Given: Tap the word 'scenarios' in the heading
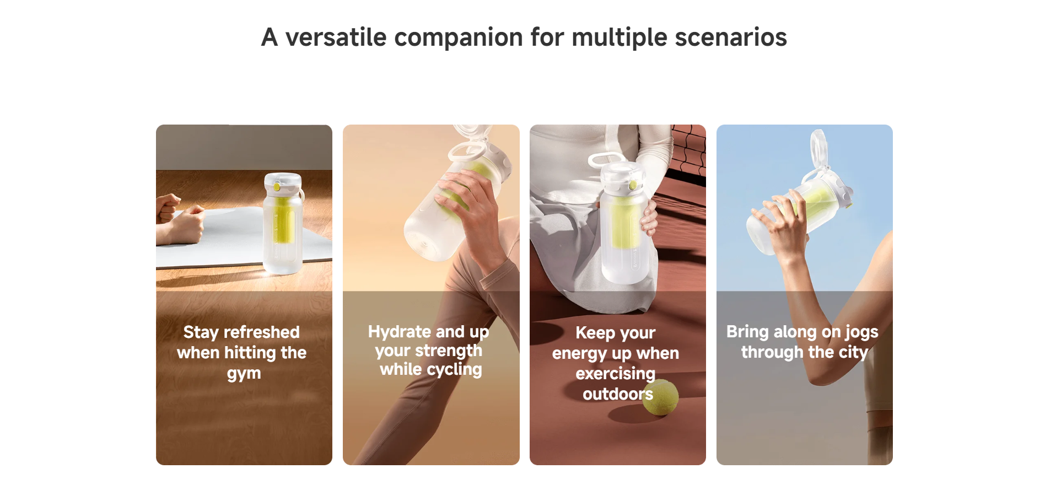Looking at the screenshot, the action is [731, 37].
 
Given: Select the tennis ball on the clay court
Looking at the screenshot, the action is [660, 397].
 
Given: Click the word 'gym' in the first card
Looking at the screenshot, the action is [244, 374].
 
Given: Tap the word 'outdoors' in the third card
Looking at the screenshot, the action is [618, 394].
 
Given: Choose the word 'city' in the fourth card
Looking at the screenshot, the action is [854, 352].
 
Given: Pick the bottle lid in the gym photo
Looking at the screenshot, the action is [283, 182].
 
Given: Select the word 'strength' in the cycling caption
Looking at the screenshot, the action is [449, 351].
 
